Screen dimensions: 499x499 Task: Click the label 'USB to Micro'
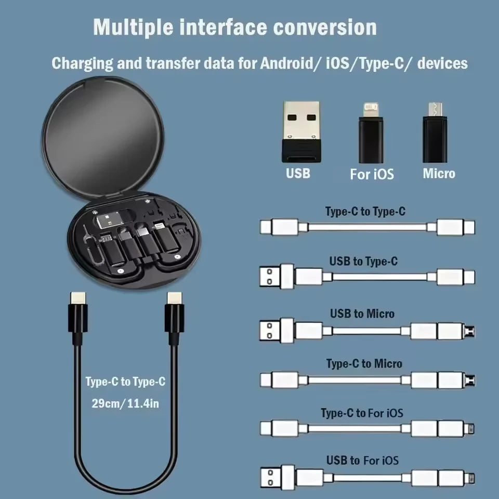click(x=362, y=314)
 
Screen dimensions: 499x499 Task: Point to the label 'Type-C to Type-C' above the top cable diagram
click(x=365, y=212)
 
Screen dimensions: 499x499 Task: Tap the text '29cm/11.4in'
click(x=125, y=403)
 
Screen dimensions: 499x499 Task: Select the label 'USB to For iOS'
click(x=362, y=461)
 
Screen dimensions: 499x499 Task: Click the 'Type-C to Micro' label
click(x=364, y=364)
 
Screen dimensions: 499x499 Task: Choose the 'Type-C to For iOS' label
click(x=362, y=414)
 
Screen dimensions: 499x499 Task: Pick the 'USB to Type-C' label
click(x=363, y=261)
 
